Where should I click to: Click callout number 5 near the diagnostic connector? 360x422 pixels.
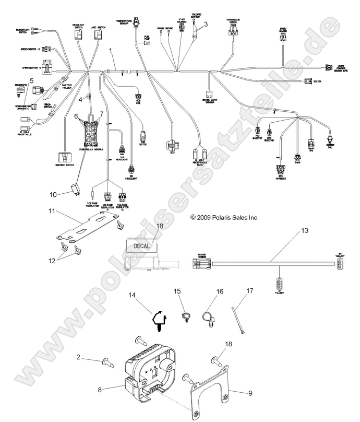click(x=32, y=80)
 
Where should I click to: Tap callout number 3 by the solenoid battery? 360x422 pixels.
click(x=206, y=24)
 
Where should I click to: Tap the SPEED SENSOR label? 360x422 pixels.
click(x=283, y=30)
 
